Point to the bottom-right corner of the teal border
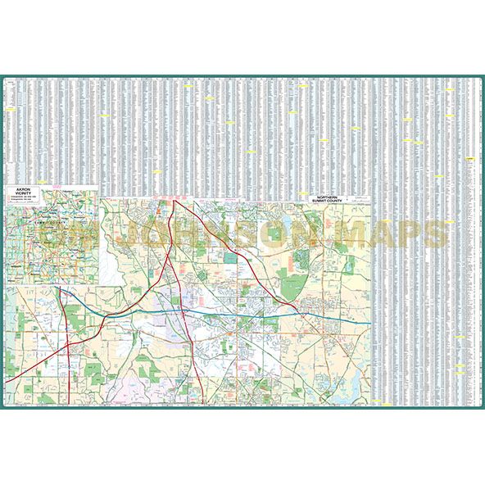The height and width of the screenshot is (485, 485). coord(483,407)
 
